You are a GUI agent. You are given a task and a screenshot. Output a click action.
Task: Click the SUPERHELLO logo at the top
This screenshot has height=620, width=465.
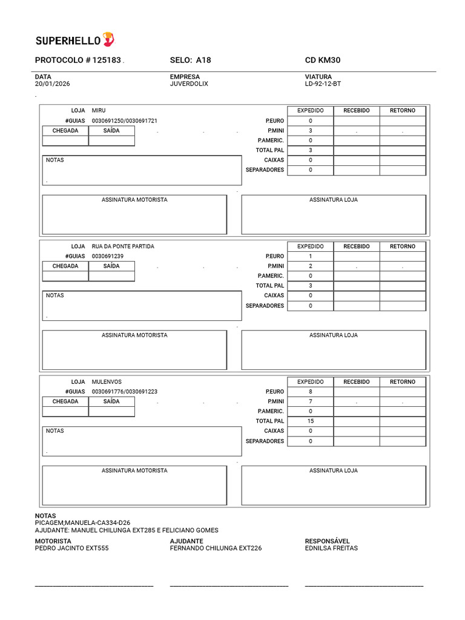74,41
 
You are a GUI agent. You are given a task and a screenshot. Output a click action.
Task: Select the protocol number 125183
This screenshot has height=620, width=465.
107,61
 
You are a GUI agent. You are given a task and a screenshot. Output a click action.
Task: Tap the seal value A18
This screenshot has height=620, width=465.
203,61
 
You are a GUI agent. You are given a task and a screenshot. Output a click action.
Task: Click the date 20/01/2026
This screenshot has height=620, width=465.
52,84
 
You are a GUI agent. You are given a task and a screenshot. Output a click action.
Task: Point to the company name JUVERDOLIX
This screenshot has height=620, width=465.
189,84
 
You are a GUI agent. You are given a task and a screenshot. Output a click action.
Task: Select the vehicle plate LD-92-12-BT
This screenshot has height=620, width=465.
323,84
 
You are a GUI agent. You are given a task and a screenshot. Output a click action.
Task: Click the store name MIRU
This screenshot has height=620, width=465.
99,111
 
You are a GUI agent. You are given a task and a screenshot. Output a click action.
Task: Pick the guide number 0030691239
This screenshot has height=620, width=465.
108,256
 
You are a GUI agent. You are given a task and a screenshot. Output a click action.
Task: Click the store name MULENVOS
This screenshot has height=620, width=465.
107,382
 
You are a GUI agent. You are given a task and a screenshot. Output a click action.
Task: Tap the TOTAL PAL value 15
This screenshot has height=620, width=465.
310,421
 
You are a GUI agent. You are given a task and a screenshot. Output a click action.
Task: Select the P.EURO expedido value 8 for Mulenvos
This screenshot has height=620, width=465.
310,392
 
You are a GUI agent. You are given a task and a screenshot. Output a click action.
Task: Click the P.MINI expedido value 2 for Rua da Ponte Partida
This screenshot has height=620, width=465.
310,266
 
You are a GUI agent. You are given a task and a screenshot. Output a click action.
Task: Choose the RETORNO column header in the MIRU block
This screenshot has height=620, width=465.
402,111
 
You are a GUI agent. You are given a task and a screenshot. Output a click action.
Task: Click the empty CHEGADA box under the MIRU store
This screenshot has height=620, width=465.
65,140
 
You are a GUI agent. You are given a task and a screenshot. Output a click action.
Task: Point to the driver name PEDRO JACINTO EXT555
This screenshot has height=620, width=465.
71,548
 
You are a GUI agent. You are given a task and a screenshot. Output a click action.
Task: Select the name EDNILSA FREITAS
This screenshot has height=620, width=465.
331,548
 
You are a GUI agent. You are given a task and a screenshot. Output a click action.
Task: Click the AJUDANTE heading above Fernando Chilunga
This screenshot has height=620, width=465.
186,541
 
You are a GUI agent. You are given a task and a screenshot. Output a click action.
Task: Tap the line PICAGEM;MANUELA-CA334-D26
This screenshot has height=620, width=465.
82,523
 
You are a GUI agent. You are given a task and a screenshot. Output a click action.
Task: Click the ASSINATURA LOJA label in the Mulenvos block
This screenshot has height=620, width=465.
333,470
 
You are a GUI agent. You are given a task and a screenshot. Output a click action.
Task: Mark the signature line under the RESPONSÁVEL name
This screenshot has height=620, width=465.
363,585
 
